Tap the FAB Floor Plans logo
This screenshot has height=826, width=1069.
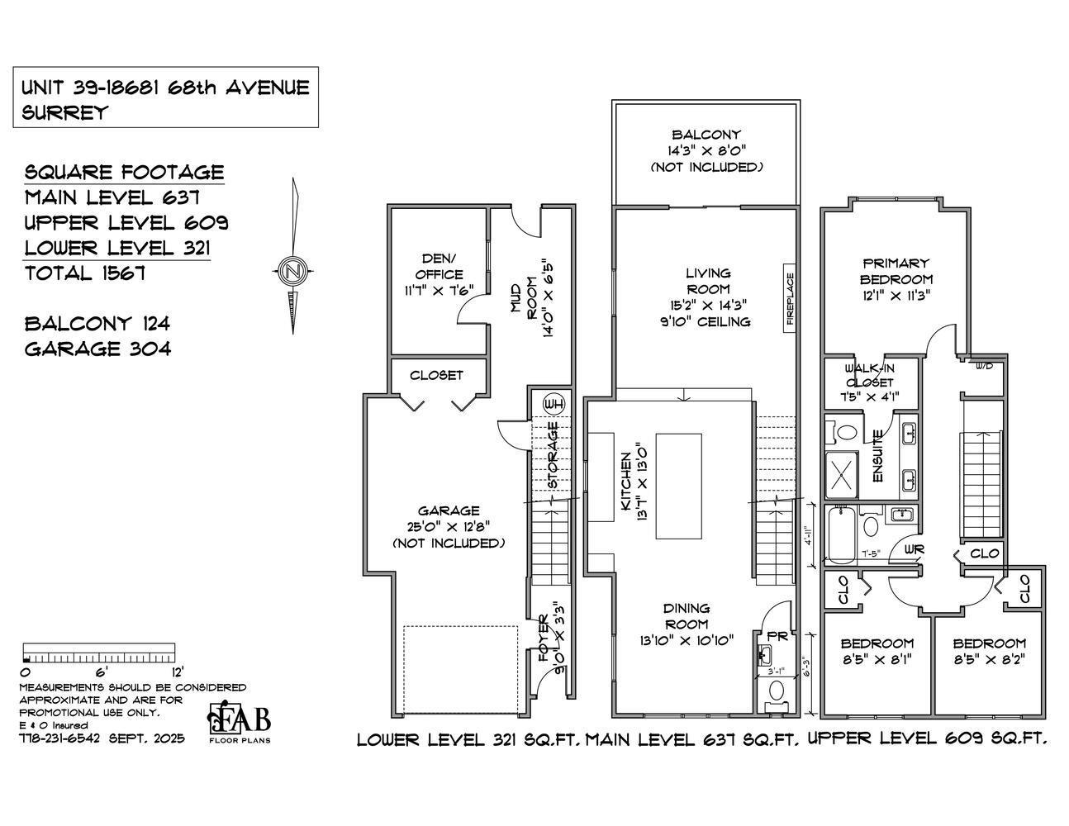click(239, 722)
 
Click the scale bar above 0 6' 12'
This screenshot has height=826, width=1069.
click(98, 652)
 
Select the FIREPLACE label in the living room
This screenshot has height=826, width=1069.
click(790, 298)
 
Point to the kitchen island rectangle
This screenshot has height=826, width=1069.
click(678, 487)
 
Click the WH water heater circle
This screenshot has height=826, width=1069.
click(554, 404)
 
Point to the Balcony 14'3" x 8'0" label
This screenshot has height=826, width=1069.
click(706, 150)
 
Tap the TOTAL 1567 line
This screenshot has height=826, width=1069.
click(85, 273)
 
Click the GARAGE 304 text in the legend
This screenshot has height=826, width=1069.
click(97, 349)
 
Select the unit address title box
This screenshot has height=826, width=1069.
click(165, 98)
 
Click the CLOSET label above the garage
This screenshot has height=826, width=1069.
click(436, 375)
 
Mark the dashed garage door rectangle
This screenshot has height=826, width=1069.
click(460, 669)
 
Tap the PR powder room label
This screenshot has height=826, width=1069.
click(777, 636)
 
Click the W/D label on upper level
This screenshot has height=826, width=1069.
click(984, 365)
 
